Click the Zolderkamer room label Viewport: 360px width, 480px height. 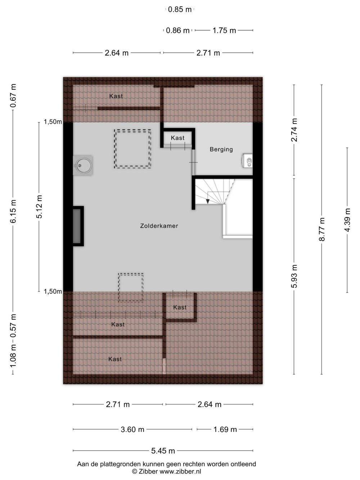[x=159, y=226]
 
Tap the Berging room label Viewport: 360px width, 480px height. [x=221, y=149]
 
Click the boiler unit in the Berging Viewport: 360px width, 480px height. [x=247, y=161]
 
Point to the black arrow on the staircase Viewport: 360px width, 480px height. [x=207, y=201]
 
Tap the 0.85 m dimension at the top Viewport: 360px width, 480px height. [x=180, y=9]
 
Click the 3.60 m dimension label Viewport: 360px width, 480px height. [x=132, y=429]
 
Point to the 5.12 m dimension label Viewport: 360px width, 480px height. [x=39, y=206]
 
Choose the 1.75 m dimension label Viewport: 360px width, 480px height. [x=224, y=30]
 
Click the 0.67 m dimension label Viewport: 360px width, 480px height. [x=13, y=95]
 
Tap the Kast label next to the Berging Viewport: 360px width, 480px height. [x=177, y=138]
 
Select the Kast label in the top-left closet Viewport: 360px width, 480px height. [x=116, y=96]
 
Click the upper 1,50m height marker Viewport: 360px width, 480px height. [x=53, y=122]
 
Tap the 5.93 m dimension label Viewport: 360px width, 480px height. [x=294, y=276]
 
